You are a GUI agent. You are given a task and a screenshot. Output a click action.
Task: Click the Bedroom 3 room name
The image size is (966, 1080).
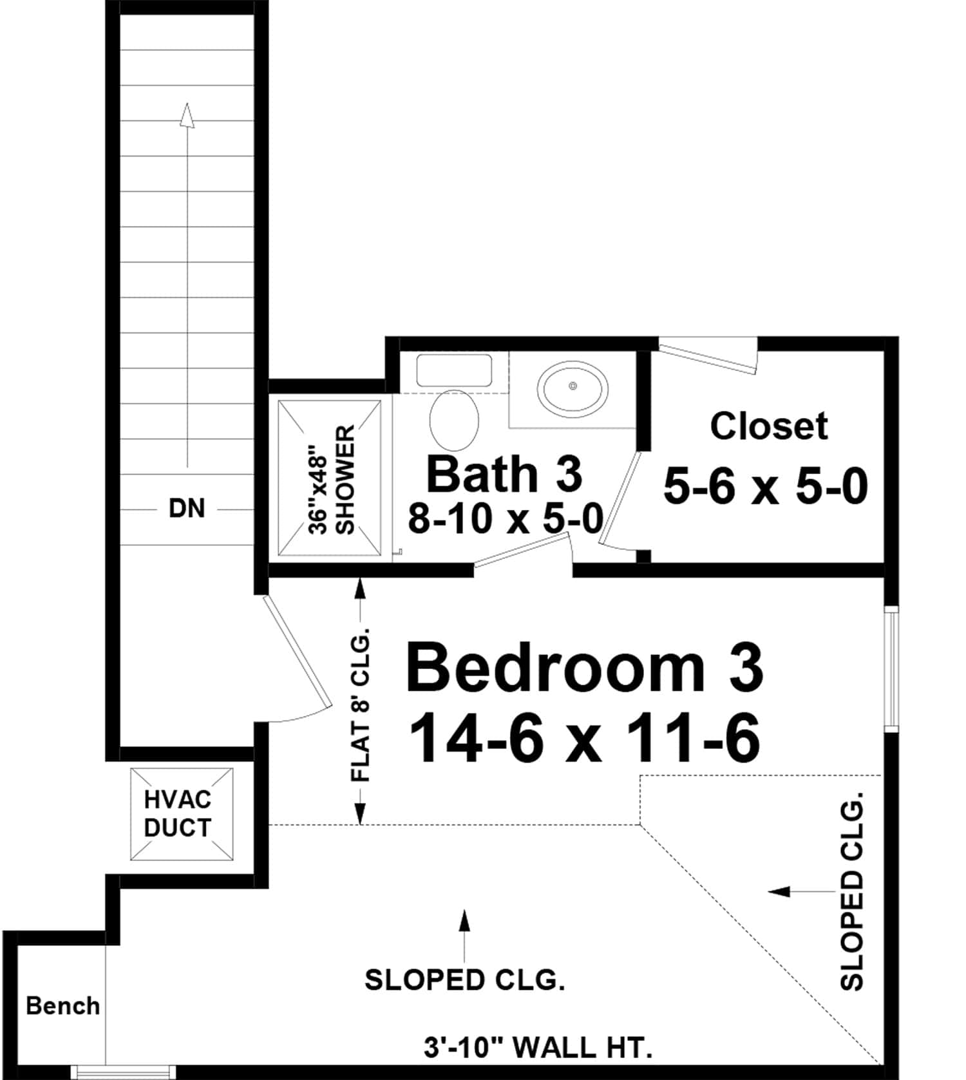(x=584, y=668)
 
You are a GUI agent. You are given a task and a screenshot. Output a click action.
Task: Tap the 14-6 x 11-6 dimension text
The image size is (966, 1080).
(x=584, y=739)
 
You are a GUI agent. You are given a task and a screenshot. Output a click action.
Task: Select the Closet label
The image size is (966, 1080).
(x=768, y=426)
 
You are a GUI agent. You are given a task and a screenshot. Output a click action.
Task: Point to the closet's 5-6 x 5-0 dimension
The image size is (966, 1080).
(x=765, y=487)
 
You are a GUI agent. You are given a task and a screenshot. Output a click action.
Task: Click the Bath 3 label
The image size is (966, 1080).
(x=504, y=475)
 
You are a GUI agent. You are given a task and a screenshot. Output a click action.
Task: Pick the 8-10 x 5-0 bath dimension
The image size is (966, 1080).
(x=506, y=518)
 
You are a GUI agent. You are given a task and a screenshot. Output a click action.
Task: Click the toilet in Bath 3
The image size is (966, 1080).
(x=454, y=420)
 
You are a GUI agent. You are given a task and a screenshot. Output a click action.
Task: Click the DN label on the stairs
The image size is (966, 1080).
(x=187, y=509)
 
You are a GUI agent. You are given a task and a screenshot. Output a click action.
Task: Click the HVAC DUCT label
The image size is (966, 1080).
(x=177, y=814)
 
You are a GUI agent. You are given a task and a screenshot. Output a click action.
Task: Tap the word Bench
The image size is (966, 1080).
(x=62, y=1005)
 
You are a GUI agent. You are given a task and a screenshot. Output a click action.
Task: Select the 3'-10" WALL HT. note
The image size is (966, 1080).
(x=538, y=1048)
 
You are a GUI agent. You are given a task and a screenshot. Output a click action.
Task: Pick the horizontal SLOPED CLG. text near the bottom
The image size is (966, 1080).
(x=464, y=980)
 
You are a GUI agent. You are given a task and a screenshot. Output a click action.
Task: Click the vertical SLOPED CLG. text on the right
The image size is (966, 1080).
(x=851, y=895)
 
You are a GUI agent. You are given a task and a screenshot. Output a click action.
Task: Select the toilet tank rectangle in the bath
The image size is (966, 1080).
(x=454, y=370)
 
